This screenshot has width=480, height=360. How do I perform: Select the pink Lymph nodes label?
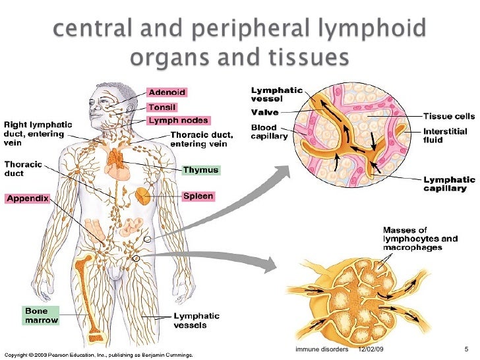[x=178, y=121]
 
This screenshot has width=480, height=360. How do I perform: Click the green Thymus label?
[x=200, y=170]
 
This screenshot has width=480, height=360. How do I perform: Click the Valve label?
[x=263, y=112]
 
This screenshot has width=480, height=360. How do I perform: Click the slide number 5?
[x=465, y=349]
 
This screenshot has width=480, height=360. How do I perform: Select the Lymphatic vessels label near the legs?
[x=196, y=320]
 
